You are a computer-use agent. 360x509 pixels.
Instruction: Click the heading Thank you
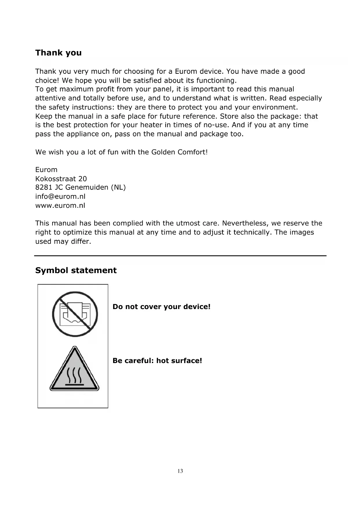pos(58,53)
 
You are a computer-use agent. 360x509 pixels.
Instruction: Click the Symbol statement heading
pos(76,270)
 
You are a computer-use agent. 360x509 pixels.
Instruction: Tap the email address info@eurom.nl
pos(60,196)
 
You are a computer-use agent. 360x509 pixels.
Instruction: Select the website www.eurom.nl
pos(60,205)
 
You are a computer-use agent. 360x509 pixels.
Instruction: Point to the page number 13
pos(180,471)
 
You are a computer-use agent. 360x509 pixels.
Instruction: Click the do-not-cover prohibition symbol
pos(75,314)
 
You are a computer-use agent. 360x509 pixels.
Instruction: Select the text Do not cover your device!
pos(161,307)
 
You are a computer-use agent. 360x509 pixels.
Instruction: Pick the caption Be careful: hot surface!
pos(157,361)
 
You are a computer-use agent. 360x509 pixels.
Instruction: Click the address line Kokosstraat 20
pos(61,179)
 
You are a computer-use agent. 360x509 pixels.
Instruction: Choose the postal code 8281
pos(44,187)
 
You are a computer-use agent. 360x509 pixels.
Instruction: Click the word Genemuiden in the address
pos(87,187)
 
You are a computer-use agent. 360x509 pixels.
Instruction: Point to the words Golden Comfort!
pos(179,152)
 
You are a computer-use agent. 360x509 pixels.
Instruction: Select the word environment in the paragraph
pos(274,107)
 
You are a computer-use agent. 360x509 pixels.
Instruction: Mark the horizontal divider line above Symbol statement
pos(180,256)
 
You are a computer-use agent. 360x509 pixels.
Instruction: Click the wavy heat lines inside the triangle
pos(75,375)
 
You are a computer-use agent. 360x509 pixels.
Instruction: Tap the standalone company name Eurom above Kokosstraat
pos(46,170)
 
